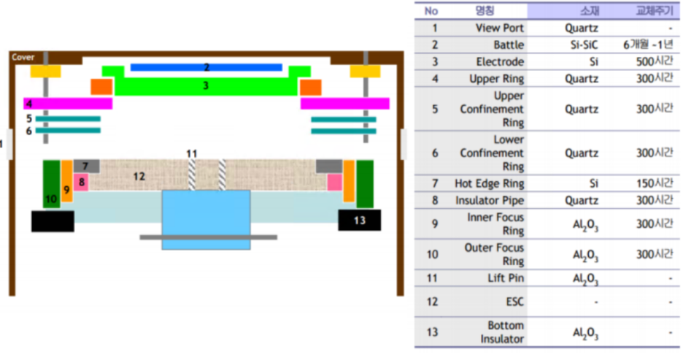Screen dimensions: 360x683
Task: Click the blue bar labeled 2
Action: click(x=206, y=67)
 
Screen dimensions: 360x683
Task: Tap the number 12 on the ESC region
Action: click(x=139, y=176)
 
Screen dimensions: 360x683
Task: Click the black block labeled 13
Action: click(x=359, y=220)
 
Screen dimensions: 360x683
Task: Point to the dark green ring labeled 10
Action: click(x=51, y=184)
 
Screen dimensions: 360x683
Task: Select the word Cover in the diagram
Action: click(x=23, y=57)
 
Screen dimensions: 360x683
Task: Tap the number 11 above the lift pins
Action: click(x=192, y=153)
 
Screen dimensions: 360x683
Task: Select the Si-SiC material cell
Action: click(x=582, y=45)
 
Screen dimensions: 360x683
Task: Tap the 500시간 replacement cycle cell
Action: click(x=654, y=62)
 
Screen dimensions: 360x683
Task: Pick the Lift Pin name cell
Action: click(x=503, y=278)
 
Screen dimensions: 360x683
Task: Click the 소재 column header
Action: click(x=582, y=11)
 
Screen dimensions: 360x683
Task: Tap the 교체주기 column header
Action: click(x=654, y=11)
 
